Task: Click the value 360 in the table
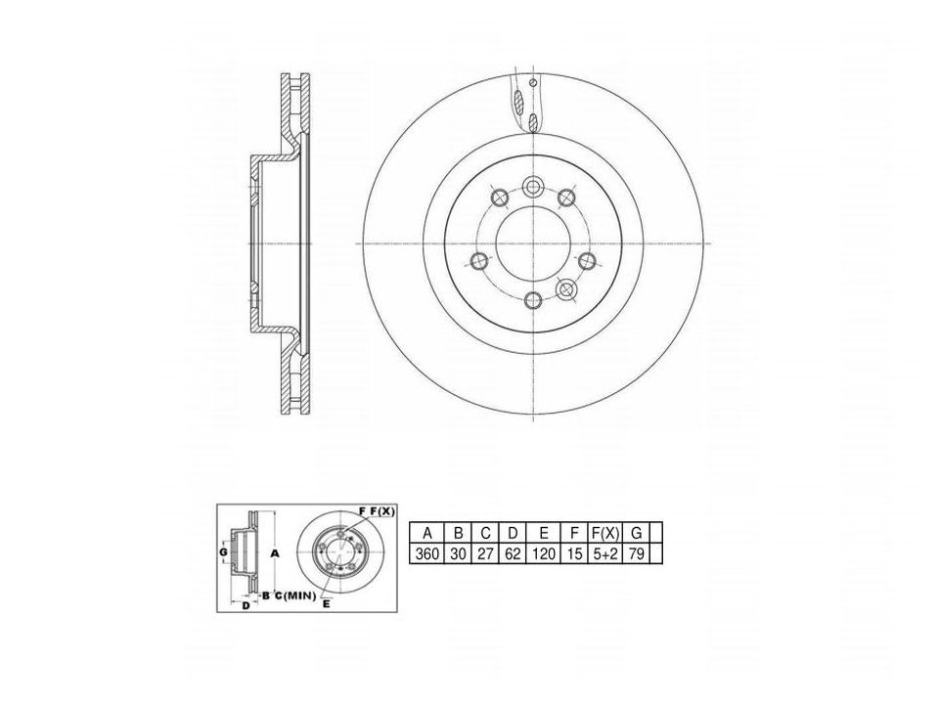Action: [427, 553]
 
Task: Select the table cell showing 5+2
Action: [605, 553]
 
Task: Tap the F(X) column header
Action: [605, 533]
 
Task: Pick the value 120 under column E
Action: [544, 553]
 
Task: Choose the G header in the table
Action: [637, 533]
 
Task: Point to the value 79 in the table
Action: [637, 553]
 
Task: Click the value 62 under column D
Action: [513, 553]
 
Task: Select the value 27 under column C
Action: [485, 553]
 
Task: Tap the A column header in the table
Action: [427, 533]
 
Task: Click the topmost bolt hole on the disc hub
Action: [532, 187]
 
